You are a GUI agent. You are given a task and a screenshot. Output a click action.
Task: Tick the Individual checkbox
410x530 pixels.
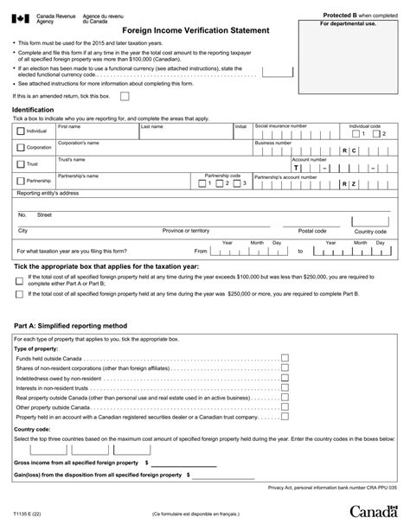coord(21,131)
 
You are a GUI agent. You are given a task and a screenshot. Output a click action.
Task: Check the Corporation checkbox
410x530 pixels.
coord(21,148)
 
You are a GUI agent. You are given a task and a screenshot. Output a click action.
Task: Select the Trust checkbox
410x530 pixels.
coord(21,163)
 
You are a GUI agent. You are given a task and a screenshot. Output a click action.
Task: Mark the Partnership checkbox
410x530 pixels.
coord(21,181)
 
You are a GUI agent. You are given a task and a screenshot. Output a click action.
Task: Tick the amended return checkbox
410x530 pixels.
coord(125,97)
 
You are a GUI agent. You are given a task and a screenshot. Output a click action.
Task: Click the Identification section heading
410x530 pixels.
coord(39,111)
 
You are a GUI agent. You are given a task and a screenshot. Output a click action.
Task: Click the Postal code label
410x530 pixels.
coord(311,231)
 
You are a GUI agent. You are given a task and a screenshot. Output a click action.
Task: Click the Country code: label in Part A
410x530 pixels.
coord(33,429)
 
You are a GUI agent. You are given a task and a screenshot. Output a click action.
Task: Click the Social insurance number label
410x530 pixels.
coord(280,125)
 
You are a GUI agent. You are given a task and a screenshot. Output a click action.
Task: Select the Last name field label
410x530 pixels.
coord(152,125)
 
